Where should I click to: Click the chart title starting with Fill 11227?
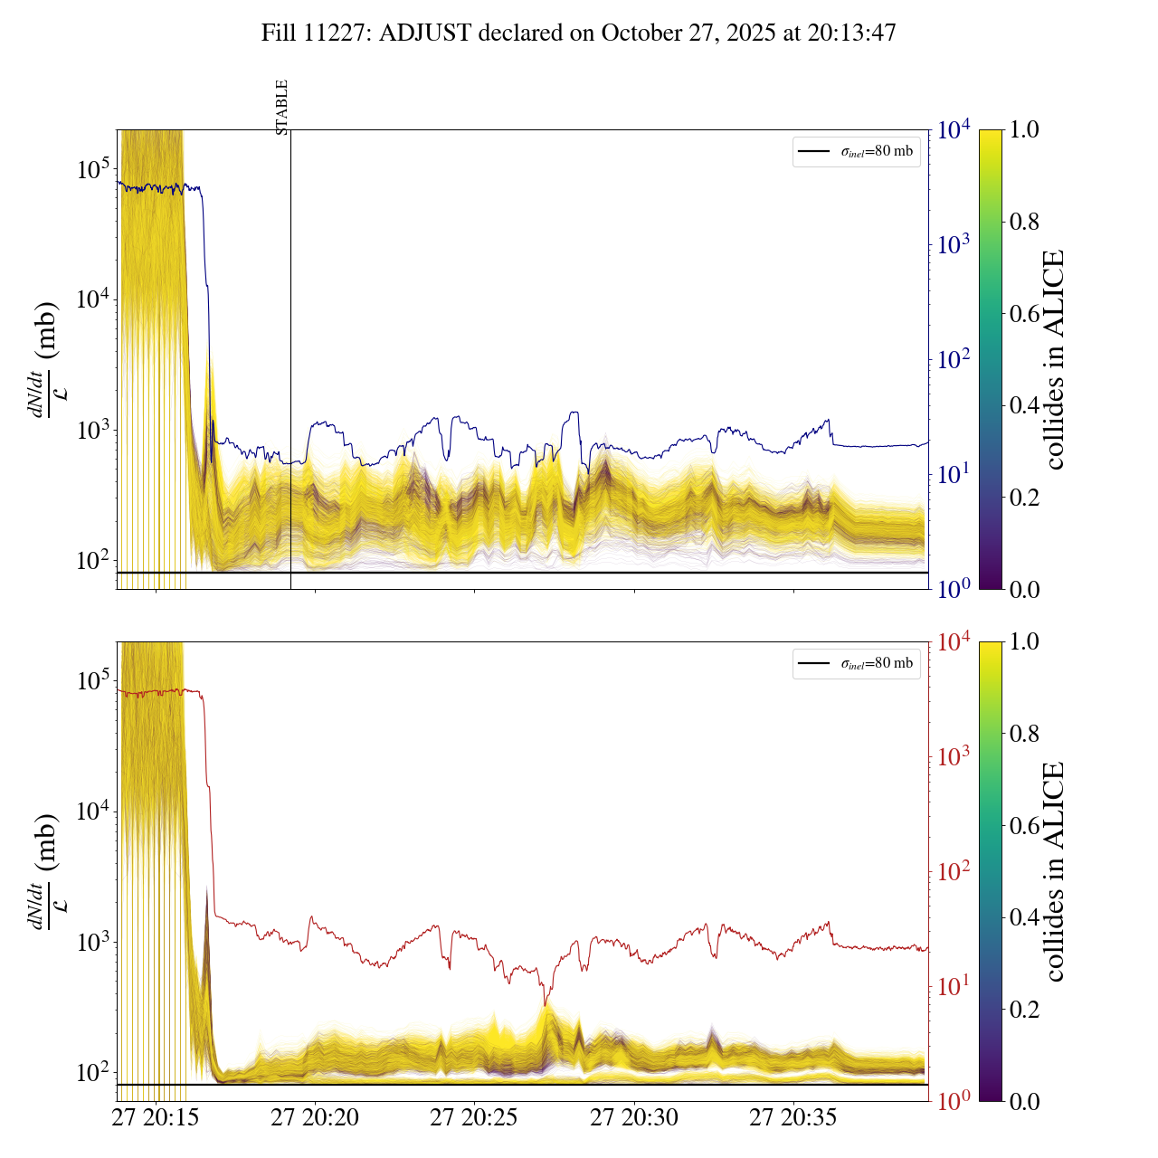click(x=579, y=33)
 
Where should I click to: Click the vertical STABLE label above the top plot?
click(x=282, y=107)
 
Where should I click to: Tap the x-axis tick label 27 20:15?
click(x=155, y=1118)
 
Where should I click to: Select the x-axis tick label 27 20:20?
click(x=315, y=1118)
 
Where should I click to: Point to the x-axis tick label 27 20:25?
click(x=474, y=1118)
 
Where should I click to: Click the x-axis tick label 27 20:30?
click(x=634, y=1118)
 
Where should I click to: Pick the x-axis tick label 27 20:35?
click(x=793, y=1118)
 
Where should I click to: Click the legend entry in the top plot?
click(x=857, y=151)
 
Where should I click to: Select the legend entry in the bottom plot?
click(x=857, y=663)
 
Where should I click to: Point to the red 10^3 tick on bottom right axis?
click(x=953, y=756)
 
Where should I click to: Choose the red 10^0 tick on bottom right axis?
click(x=953, y=1100)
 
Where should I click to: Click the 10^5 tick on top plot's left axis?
click(x=93, y=169)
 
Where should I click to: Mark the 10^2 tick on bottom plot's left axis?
click(x=93, y=1073)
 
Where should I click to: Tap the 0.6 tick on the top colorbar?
click(x=1024, y=314)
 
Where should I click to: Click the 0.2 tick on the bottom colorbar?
click(x=1024, y=1009)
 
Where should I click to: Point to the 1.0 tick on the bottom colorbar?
click(x=1024, y=641)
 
